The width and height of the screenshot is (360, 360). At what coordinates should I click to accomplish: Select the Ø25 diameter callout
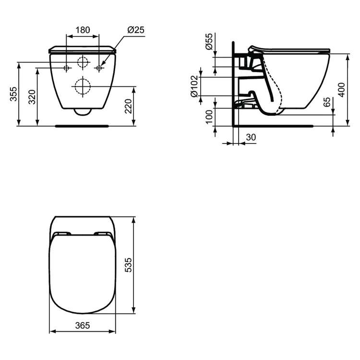136,30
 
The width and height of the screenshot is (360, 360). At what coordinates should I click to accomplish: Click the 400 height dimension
341,89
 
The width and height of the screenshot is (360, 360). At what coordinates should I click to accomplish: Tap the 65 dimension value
327,102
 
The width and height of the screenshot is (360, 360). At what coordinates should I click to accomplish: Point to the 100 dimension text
209,117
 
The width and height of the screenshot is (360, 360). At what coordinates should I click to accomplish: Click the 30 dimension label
251,137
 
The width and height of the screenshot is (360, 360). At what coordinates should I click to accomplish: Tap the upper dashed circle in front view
83,62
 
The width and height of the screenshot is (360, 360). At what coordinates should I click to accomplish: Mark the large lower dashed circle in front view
82,86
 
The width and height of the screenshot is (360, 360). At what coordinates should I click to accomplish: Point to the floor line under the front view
83,126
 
